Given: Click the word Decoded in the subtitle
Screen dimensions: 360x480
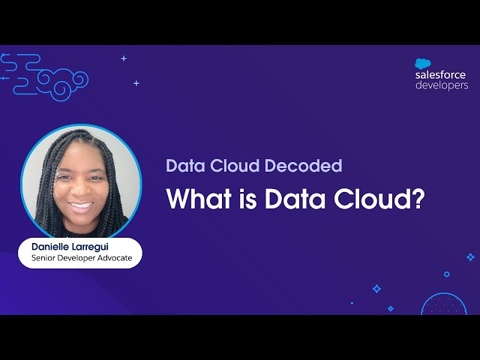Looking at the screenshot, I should point(307,166).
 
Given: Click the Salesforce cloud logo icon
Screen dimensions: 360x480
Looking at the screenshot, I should point(421,64).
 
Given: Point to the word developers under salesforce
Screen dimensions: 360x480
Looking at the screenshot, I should point(442,85).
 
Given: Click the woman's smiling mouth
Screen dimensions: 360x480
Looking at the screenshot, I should point(81,204).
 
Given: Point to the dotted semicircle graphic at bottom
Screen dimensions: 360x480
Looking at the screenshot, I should point(444,304).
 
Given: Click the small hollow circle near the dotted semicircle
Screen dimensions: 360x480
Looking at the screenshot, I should point(447,274).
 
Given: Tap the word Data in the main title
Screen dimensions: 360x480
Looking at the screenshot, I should point(289,199).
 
